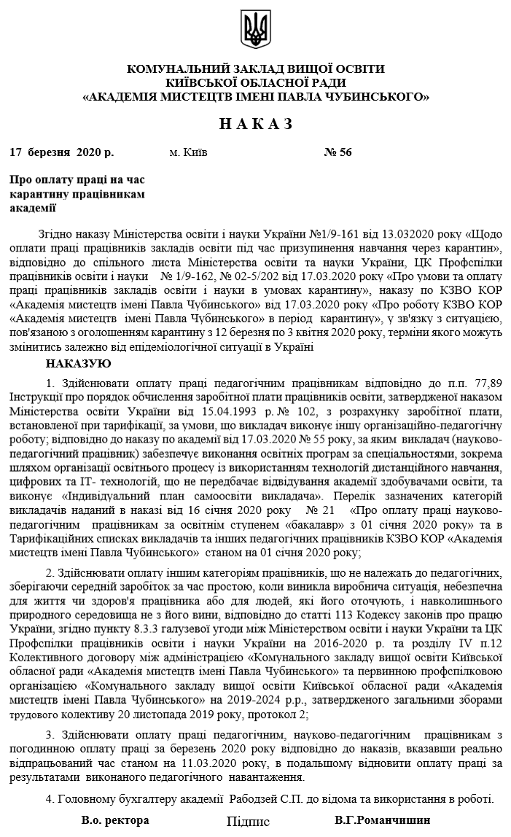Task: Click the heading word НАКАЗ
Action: pos(255,124)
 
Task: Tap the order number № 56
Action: pos(338,152)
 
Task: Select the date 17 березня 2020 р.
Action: pos(62,152)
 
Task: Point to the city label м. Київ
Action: pos(188,152)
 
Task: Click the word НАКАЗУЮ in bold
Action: pos(78,363)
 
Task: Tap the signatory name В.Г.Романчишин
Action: pos(383,820)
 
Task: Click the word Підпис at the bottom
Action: pos(248,822)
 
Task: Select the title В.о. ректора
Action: pos(115,820)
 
